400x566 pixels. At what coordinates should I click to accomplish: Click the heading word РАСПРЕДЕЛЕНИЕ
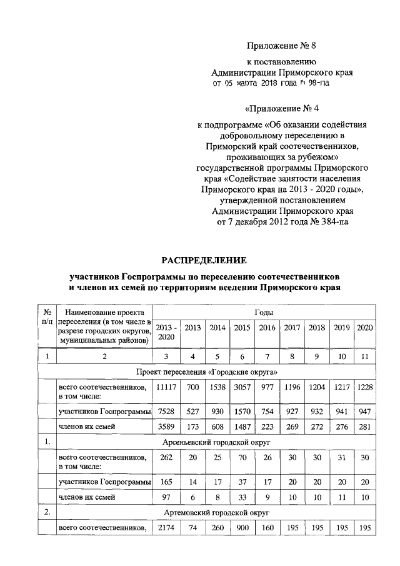pos(205,260)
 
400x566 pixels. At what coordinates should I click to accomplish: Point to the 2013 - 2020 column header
pos(166,332)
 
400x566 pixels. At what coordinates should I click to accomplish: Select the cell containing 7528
pos(166,412)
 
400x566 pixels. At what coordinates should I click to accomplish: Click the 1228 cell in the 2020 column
pos(365,387)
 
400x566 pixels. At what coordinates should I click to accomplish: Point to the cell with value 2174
pos(166,529)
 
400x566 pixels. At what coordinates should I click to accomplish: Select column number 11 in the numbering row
pos(365,356)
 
